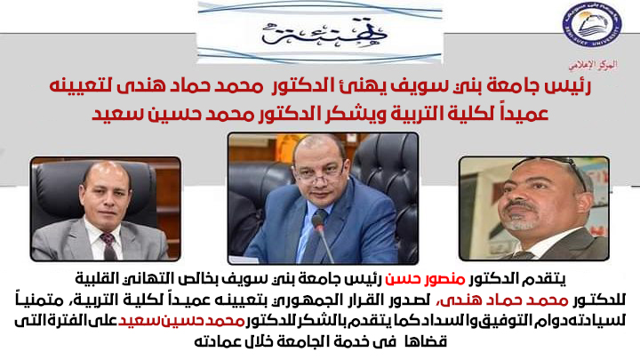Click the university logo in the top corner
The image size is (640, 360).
tap(592, 26)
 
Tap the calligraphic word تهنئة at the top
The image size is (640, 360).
tap(324, 32)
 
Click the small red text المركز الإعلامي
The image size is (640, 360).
tap(593, 65)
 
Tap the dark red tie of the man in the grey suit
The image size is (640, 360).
tap(109, 245)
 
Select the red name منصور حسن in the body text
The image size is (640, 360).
tap(426, 280)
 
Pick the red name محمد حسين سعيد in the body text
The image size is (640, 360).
tap(181, 321)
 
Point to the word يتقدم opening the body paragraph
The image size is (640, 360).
tap(549, 280)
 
